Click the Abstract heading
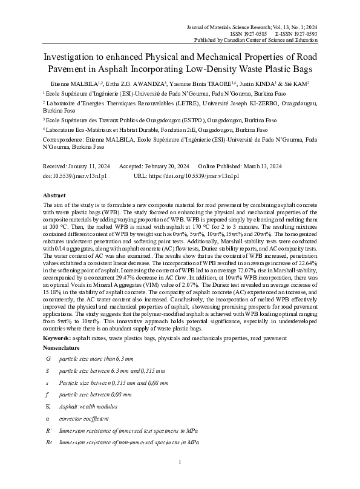click(54, 196)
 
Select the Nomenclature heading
click(61, 349)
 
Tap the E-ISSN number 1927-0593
click(304, 33)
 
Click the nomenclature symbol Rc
click(49, 443)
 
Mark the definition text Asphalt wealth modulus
click(88, 406)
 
